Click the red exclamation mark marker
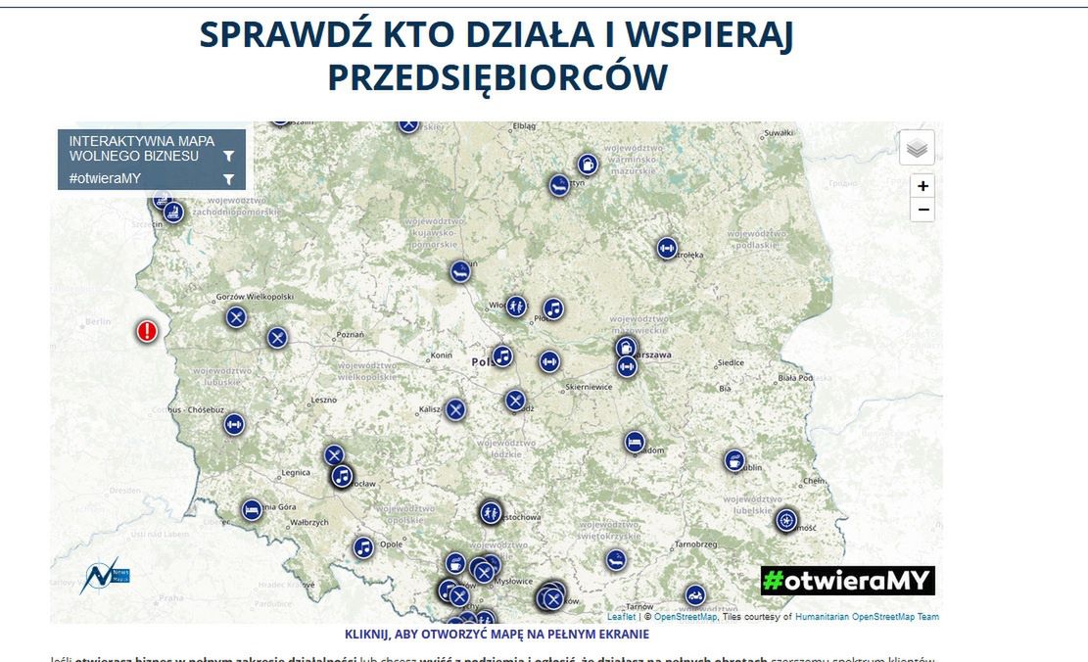click(x=147, y=332)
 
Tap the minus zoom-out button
click(x=922, y=211)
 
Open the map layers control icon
click(x=917, y=148)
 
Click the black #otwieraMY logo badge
click(x=847, y=581)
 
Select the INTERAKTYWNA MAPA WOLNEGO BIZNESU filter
click(x=151, y=149)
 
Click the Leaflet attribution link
click(x=621, y=617)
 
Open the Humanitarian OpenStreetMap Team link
click(x=867, y=617)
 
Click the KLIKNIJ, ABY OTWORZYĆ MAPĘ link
click(x=497, y=635)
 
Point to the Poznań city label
click(x=350, y=335)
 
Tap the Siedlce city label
click(x=731, y=362)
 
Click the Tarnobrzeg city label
click(x=696, y=544)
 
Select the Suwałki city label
click(x=778, y=132)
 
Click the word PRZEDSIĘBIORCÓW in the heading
click(x=497, y=77)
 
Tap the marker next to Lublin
click(x=734, y=460)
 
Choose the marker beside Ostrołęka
click(x=667, y=249)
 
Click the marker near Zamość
click(x=786, y=520)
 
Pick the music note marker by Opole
click(x=363, y=547)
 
